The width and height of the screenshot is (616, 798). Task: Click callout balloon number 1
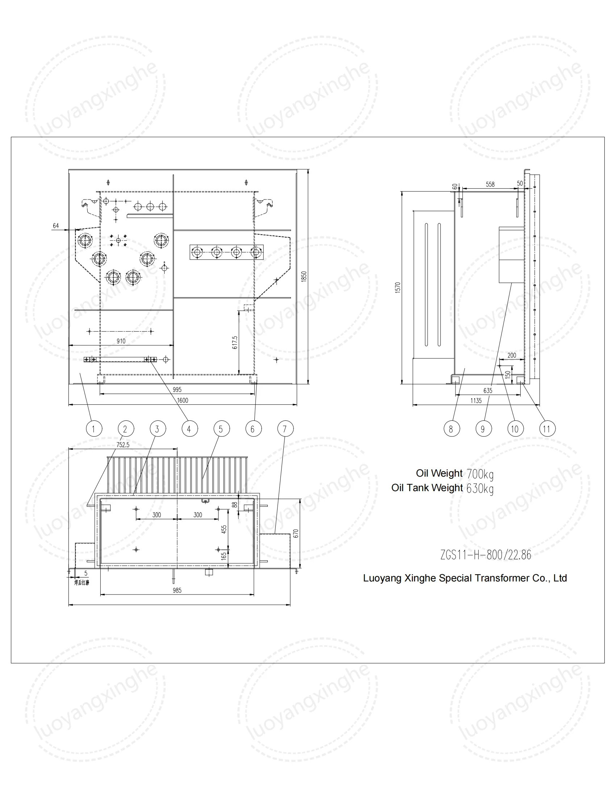tap(94, 429)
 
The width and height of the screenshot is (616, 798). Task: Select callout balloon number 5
tap(221, 429)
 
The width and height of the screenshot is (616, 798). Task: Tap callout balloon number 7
tap(285, 429)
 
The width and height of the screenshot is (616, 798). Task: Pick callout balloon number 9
tap(483, 429)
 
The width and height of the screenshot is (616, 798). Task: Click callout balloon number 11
tap(547, 429)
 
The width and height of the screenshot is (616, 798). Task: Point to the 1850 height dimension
tap(304, 276)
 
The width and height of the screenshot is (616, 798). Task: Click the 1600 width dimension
tap(183, 400)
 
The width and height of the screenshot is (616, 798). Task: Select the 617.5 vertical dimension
tap(235, 342)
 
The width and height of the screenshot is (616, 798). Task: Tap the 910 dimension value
tap(121, 341)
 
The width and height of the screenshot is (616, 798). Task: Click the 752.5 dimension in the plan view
tap(123, 445)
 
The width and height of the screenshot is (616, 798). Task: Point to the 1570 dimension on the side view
tap(398, 287)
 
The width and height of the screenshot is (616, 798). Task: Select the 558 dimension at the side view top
tap(490, 185)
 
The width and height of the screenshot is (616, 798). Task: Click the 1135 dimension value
tap(476, 401)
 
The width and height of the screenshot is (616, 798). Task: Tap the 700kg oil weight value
tap(480, 474)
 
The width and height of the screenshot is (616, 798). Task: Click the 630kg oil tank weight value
tap(480, 489)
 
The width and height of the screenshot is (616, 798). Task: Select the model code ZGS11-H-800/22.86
tap(485, 555)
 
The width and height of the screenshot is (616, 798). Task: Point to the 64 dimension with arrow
tap(56, 226)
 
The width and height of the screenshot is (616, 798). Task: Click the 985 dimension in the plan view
tap(177, 591)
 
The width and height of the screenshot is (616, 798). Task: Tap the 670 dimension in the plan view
tap(296, 534)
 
